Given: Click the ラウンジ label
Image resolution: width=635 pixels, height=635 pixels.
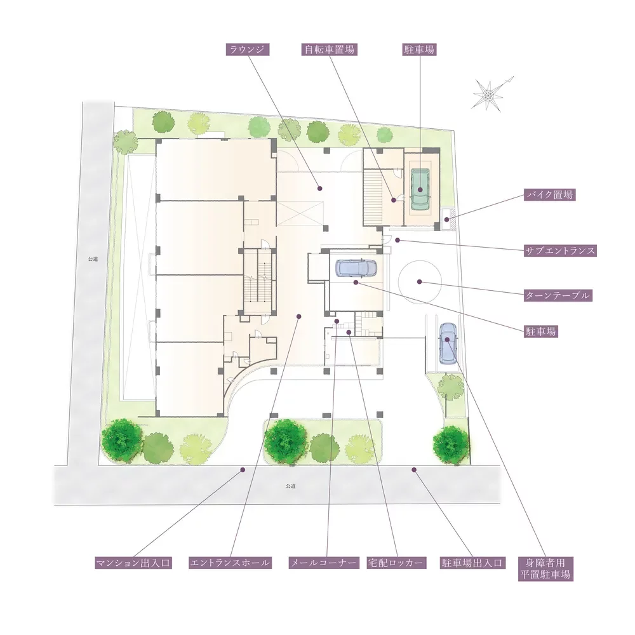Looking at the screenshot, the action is (247, 50).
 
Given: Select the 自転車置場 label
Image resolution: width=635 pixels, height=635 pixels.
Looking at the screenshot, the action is (330, 50).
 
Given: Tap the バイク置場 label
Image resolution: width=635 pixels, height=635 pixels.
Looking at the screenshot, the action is (549, 195).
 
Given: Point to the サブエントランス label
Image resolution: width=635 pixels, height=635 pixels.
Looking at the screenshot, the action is (561, 251).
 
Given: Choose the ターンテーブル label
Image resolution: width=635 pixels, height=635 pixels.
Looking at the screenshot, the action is (558, 295).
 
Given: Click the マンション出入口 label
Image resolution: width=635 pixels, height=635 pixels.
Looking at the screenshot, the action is (133, 563).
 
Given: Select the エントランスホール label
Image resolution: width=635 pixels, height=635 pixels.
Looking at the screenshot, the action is (230, 563).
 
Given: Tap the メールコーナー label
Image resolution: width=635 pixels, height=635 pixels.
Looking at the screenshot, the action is (324, 563).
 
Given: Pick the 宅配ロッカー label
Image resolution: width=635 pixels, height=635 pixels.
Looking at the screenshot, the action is (396, 563).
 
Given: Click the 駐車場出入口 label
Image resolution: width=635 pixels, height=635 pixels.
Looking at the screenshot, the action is (472, 563).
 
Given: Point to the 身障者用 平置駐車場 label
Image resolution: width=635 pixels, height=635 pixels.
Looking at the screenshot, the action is (545, 568).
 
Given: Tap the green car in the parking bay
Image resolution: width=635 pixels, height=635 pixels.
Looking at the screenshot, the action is (421, 189).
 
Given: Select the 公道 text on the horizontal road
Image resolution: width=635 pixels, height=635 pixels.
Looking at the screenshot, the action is (290, 486).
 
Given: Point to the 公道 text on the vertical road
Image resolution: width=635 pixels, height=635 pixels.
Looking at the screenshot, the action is (93, 259).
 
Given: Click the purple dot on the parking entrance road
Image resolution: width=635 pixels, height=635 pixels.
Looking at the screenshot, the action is (414, 470).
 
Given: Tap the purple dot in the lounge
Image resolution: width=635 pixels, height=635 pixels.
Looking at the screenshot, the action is (319, 189).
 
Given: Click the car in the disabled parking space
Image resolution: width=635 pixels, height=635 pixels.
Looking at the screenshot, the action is (448, 343).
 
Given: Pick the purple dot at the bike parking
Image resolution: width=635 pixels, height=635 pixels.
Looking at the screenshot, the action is (446, 220).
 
